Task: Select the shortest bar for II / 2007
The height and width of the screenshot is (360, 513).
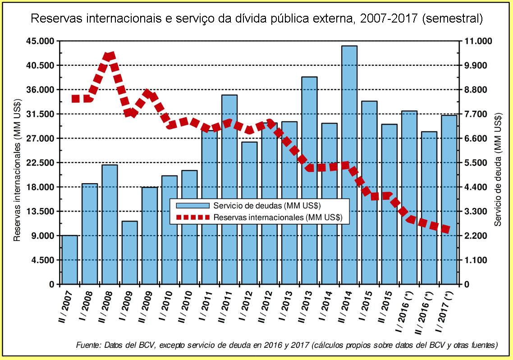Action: pyautogui.click(x=70, y=260)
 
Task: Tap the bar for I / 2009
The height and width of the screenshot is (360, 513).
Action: pyautogui.click(x=129, y=253)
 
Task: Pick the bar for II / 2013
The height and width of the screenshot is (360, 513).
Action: pyautogui.click(x=309, y=180)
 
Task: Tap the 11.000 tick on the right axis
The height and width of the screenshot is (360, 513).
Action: pyautogui.click(x=476, y=41)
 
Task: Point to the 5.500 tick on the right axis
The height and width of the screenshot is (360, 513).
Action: pyautogui.click(x=474, y=162)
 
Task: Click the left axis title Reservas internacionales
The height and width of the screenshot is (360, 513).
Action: pyautogui.click(x=17, y=169)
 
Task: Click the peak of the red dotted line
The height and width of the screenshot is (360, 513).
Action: pyautogui.click(x=110, y=56)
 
